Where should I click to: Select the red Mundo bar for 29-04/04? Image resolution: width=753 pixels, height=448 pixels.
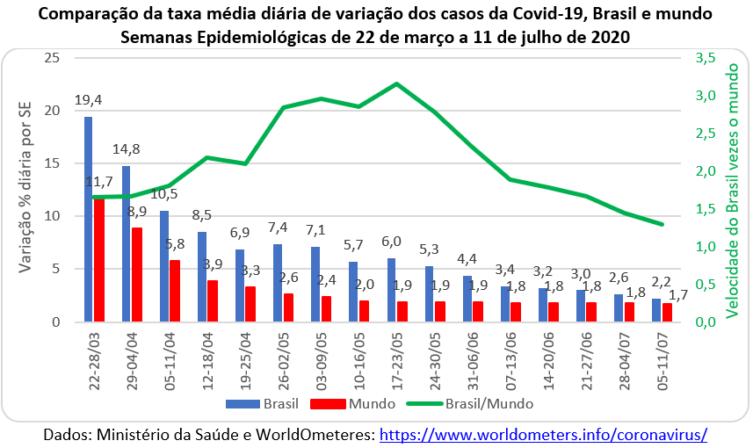point(136,275)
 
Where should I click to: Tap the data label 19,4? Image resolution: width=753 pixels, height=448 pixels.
point(88,100)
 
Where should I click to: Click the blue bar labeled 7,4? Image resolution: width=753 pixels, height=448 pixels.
point(277,283)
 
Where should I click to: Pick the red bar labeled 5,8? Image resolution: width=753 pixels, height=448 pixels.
point(174,291)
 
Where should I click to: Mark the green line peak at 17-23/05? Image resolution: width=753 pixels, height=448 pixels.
point(396,83)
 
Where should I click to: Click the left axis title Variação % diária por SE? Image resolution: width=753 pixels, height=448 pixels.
point(27,189)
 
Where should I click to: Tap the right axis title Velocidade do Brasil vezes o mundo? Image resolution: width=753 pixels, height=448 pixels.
point(731,189)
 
